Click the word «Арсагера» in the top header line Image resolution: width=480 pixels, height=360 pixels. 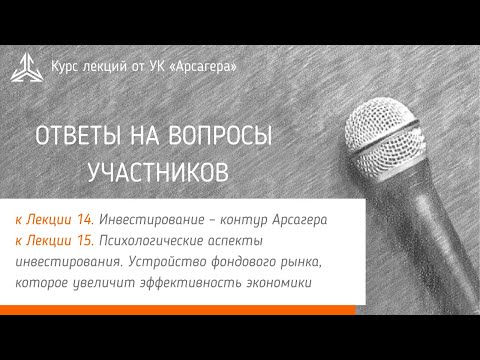(206, 66)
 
